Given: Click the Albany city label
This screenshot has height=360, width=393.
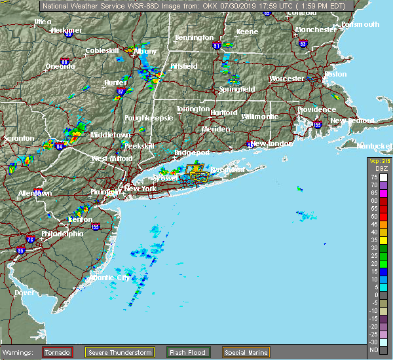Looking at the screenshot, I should click(145, 51).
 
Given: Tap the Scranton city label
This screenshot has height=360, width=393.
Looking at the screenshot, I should click(17, 139).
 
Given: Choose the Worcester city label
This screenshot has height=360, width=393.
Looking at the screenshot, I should click(287, 79).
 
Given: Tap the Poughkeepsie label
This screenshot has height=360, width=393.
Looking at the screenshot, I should click(148, 118).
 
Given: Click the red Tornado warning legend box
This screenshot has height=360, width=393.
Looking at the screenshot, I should click(58, 352).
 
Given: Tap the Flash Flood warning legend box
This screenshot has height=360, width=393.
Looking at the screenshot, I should click(187, 352).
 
